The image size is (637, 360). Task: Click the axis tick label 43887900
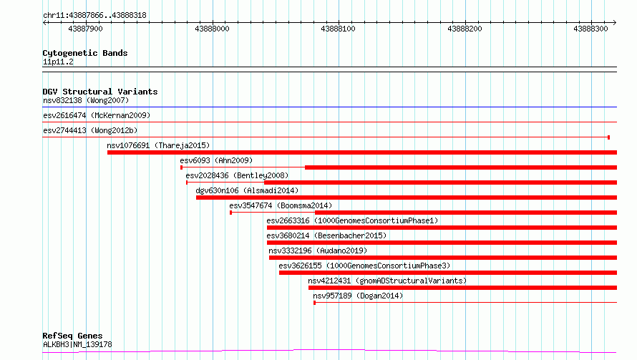point(85,29)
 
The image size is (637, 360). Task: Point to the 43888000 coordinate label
point(212,29)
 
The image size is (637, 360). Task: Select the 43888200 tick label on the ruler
point(465,29)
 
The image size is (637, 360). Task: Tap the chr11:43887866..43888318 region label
point(94,16)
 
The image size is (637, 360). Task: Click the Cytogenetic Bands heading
point(85,53)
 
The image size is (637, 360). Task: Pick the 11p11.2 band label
point(58,62)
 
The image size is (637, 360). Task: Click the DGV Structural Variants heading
point(100,92)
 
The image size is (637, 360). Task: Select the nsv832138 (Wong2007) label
point(86,100)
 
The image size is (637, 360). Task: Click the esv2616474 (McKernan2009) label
point(97,115)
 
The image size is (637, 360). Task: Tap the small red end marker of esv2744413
point(608,137)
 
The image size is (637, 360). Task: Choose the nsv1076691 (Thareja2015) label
point(158,145)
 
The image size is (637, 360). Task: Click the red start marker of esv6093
point(181,167)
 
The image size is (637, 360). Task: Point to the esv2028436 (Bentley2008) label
point(237,175)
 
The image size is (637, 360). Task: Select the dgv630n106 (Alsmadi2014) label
point(247,190)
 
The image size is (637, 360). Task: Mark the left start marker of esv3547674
point(230,213)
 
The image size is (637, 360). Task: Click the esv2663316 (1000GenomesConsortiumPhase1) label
point(352,220)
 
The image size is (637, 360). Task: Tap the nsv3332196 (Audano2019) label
point(318,250)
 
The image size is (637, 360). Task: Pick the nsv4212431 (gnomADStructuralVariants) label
point(387,281)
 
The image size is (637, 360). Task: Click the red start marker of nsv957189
point(314,303)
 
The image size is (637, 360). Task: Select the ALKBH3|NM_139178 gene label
point(77,344)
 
